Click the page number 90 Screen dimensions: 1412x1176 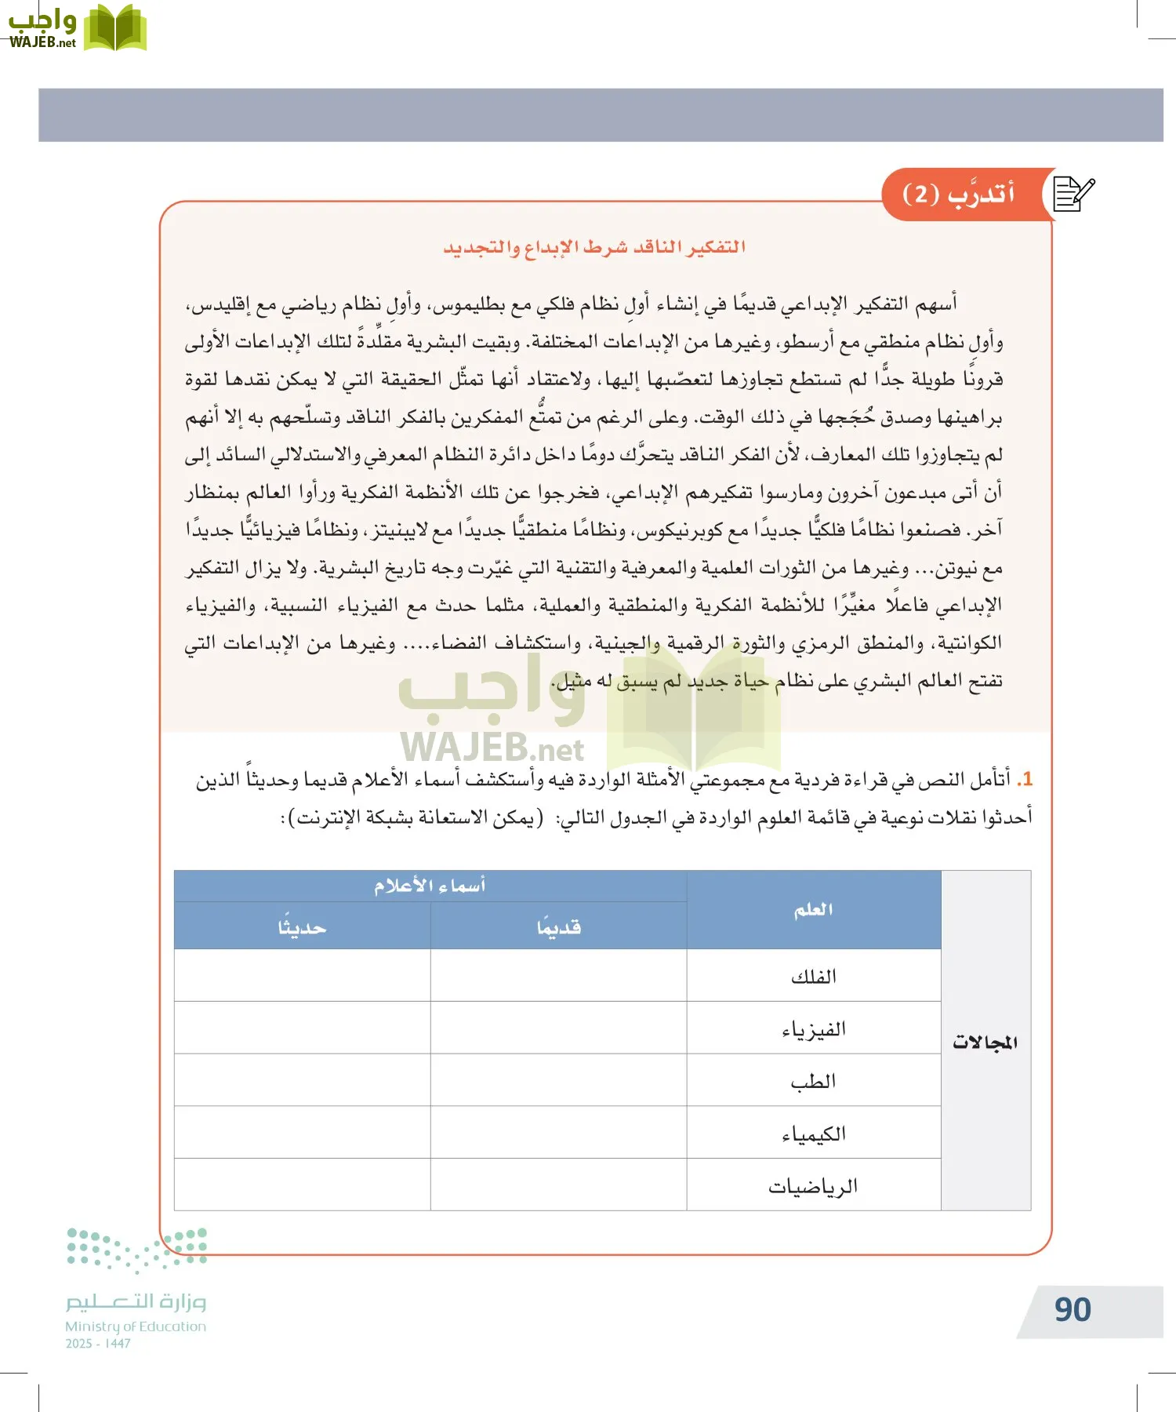1073,1310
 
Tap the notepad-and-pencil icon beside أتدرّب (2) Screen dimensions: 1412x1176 1073,194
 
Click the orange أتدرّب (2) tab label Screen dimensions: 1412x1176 958,194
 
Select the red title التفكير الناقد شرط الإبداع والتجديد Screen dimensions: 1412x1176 594,248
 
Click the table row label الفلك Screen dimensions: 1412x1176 814,977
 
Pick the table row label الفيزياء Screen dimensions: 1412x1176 814,1029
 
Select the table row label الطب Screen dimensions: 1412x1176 814,1082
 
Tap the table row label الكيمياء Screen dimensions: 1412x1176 814,1134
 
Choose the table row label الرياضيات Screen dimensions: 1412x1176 814,1186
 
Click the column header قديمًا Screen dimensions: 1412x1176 559,927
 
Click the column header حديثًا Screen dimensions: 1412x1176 302,927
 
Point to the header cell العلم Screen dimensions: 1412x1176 814,910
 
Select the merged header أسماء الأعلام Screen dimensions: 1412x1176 430,886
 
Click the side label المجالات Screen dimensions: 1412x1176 985,1042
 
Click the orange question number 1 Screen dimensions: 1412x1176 1025,779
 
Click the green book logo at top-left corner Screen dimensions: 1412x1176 114,28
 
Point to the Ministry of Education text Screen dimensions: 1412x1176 136,1326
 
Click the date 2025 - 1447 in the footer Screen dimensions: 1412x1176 98,1344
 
